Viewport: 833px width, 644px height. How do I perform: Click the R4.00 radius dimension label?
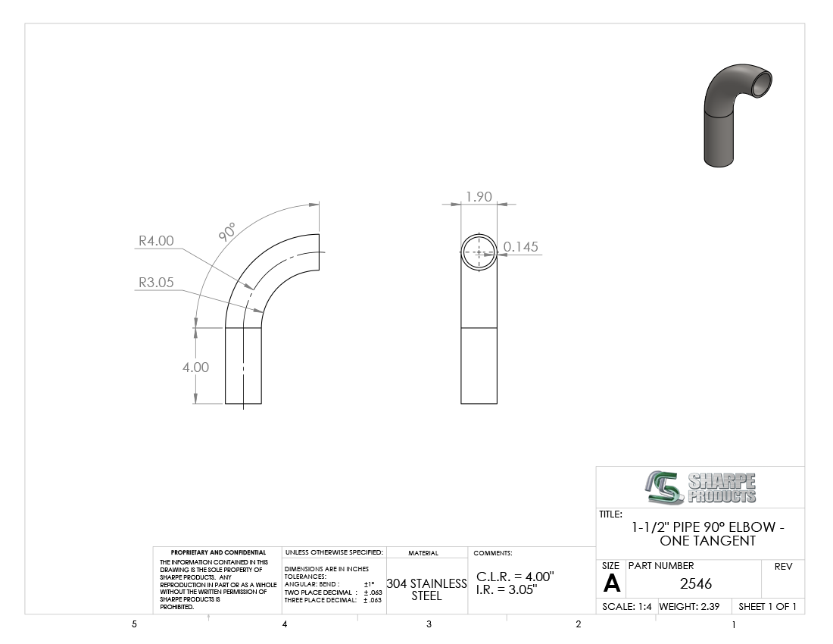click(x=156, y=241)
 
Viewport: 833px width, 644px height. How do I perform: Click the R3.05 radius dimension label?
click(x=156, y=282)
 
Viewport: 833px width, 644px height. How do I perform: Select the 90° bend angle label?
click(x=227, y=232)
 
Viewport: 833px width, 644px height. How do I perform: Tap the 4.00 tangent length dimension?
click(x=195, y=367)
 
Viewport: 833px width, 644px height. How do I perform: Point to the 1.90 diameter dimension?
click(x=479, y=196)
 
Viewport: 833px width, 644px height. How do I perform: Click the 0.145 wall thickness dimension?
click(x=521, y=246)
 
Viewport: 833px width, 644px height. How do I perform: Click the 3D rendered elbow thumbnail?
click(x=737, y=115)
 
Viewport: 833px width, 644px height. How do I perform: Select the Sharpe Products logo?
click(x=700, y=487)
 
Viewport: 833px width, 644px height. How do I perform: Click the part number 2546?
click(x=695, y=584)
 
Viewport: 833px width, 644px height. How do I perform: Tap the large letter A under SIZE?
click(x=611, y=584)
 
